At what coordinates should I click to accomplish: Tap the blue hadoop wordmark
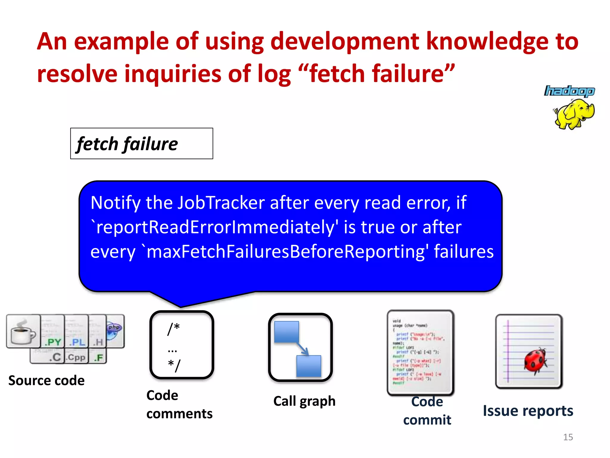pos(569,91)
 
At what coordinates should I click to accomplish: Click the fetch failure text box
pos(141,143)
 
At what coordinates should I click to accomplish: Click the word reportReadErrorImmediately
pos(216,227)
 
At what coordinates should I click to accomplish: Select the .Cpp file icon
pos(76,357)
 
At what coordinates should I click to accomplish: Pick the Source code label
pos(46,380)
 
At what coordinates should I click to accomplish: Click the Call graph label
pos(304,401)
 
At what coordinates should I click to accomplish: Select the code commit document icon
pos(420,352)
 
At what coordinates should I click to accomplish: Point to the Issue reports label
pos(528,411)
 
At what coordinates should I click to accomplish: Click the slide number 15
pos(568,437)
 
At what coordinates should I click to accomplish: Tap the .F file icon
pos(99,357)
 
